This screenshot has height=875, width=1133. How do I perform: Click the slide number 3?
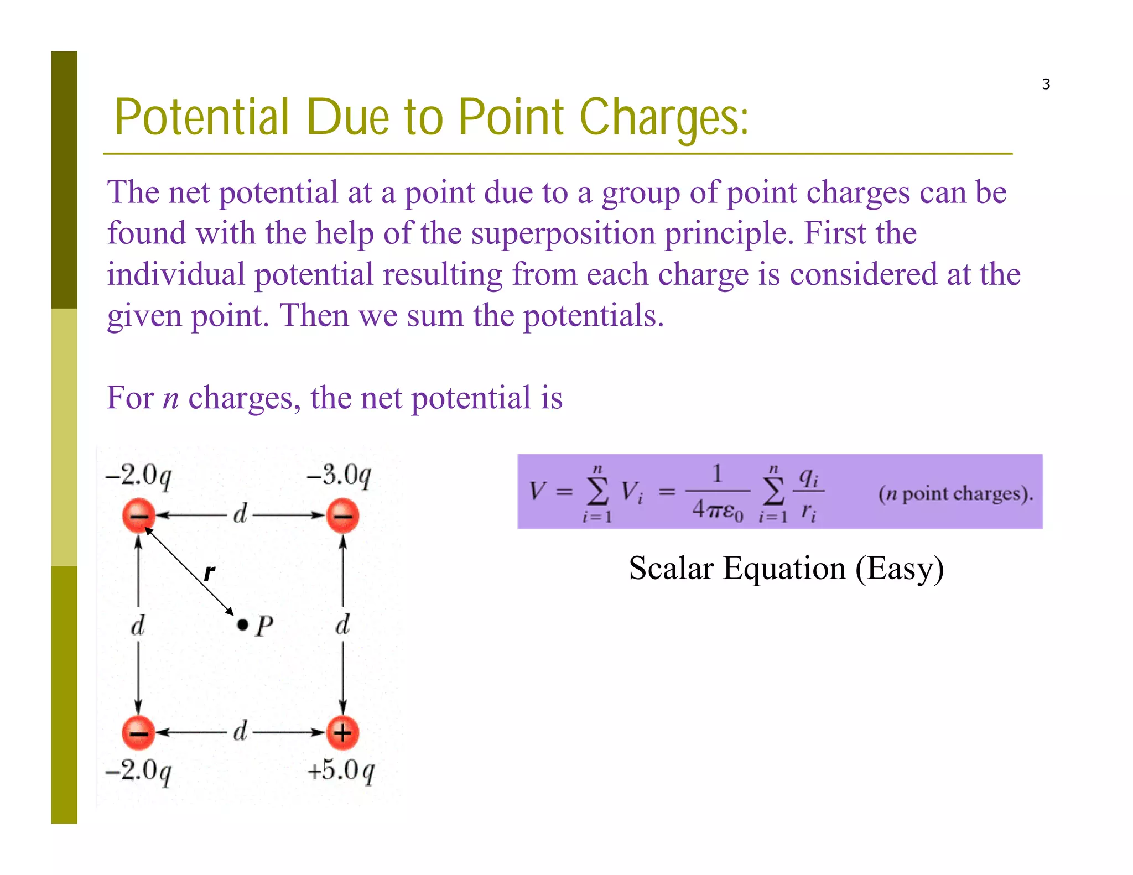tap(1046, 84)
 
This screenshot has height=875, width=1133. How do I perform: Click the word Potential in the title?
tap(202, 117)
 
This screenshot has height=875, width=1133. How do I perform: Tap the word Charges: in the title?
tap(664, 117)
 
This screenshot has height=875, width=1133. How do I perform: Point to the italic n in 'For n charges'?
tap(171, 398)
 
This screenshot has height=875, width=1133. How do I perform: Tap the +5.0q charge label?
tap(341, 770)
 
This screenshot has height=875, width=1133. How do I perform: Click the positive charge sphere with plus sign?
tap(342, 733)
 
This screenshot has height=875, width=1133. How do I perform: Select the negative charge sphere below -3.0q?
tap(342, 515)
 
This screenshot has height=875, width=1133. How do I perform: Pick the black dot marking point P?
tap(242, 625)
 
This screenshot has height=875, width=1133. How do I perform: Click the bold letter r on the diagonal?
tap(209, 573)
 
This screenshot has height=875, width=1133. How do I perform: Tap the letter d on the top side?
tap(240, 514)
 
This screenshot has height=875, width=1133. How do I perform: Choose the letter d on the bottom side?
tap(240, 731)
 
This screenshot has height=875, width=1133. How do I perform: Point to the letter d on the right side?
tap(343, 625)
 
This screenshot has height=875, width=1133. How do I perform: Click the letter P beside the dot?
tap(264, 626)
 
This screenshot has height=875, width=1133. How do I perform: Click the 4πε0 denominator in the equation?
tap(718, 509)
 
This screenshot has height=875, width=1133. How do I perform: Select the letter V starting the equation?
tap(537, 491)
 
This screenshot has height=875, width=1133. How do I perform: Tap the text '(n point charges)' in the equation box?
tap(955, 493)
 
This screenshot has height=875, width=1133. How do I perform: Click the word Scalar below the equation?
tap(671, 569)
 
